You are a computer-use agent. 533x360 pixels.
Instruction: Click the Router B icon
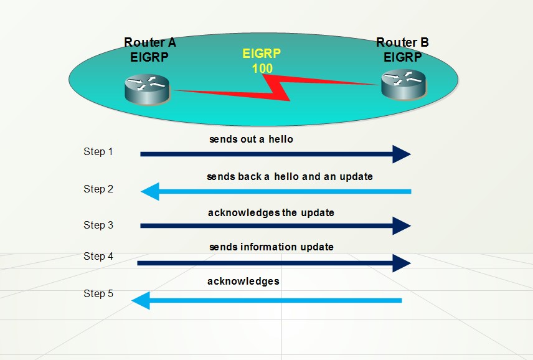(403, 83)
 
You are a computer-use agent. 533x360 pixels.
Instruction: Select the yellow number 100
(262, 68)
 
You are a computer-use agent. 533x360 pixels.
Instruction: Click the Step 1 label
(98, 151)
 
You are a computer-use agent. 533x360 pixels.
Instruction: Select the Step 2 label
(98, 189)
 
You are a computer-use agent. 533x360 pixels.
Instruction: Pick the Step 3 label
(98, 225)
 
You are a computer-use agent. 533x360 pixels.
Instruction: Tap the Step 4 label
(98, 256)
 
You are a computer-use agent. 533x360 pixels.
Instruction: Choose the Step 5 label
(98, 293)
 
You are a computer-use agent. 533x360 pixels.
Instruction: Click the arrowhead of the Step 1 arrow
(401, 153)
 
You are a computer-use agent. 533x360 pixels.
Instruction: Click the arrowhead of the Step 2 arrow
(150, 191)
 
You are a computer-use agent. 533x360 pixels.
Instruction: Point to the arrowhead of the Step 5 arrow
(141, 301)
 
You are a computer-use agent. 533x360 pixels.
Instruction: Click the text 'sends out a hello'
(251, 140)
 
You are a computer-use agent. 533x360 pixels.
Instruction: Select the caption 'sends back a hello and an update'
(290, 177)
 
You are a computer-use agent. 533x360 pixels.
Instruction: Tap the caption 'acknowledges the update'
(271, 213)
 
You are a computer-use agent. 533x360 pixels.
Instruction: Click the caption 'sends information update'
(271, 247)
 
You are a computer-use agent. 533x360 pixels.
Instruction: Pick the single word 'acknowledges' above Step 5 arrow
(243, 282)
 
